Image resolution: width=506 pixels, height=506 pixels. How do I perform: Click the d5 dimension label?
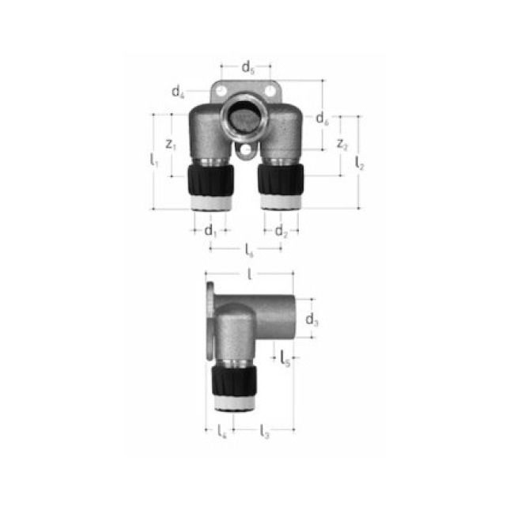(247, 66)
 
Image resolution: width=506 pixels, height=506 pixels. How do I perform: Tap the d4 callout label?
(178, 91)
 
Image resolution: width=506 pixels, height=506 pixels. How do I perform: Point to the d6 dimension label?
(321, 119)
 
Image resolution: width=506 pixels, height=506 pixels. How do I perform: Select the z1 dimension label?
(171, 144)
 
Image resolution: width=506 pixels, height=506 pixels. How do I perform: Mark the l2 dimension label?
(360, 163)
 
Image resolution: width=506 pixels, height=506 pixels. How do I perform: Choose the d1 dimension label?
(210, 231)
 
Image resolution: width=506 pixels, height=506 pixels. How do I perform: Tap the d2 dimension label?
(281, 231)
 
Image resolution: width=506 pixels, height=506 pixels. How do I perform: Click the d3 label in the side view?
(312, 319)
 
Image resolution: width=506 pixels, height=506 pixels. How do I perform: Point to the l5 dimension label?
(285, 358)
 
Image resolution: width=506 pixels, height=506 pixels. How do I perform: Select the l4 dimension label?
(222, 432)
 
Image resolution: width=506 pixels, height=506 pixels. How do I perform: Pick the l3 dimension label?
(265, 432)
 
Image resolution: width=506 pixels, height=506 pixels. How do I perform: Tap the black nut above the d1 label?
(210, 181)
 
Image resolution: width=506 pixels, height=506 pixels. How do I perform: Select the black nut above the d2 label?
(281, 181)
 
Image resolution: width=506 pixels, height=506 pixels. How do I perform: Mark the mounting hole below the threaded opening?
(247, 149)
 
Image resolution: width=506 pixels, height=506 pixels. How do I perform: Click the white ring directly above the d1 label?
(210, 202)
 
